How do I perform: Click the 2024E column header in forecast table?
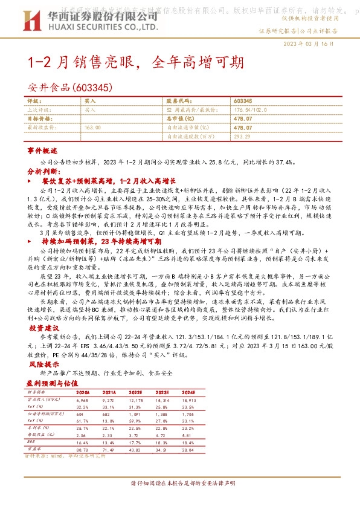point(222,393)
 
